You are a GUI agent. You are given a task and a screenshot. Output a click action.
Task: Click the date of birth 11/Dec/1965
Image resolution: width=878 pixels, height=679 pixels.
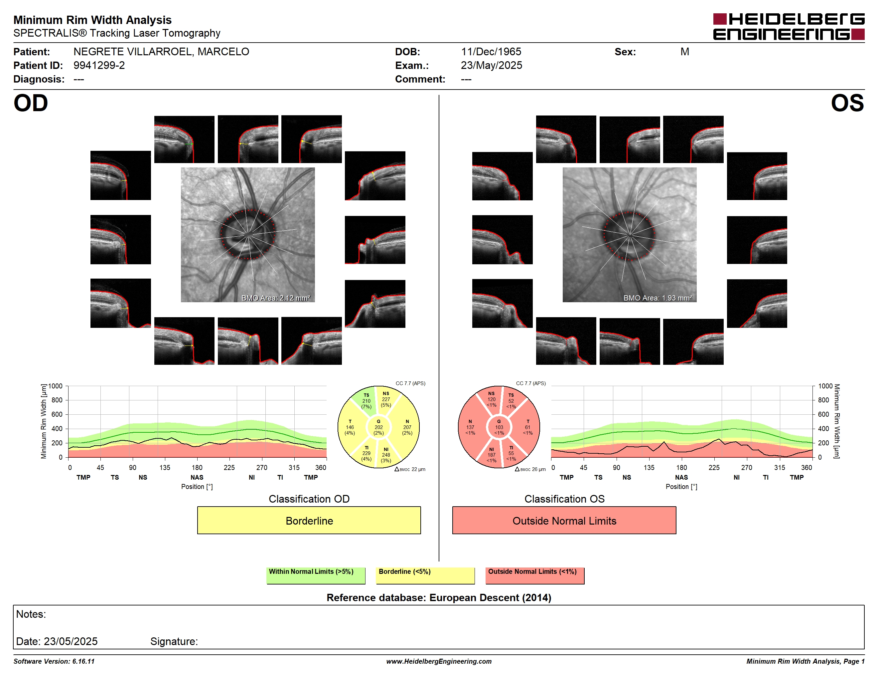(x=491, y=52)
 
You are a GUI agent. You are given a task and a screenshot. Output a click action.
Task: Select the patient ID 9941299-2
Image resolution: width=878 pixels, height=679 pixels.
(x=99, y=65)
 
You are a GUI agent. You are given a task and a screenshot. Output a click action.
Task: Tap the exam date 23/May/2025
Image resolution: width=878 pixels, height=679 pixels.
(x=491, y=65)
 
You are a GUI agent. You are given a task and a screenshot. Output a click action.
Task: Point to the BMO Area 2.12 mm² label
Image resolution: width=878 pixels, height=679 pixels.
(x=276, y=298)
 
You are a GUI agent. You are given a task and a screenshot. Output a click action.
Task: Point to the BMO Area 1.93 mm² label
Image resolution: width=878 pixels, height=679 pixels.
(x=658, y=298)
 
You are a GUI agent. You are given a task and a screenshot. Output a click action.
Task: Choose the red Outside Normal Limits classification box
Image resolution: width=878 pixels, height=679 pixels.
(x=564, y=521)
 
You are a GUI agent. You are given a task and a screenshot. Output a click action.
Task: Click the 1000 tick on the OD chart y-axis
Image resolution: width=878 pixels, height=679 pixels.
(x=56, y=386)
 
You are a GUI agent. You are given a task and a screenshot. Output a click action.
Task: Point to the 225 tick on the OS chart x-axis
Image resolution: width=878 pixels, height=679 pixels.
(x=714, y=467)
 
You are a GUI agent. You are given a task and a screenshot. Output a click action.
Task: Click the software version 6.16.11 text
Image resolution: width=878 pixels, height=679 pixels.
(x=54, y=661)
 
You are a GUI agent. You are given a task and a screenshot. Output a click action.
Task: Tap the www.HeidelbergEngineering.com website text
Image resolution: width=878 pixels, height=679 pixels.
(x=439, y=661)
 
